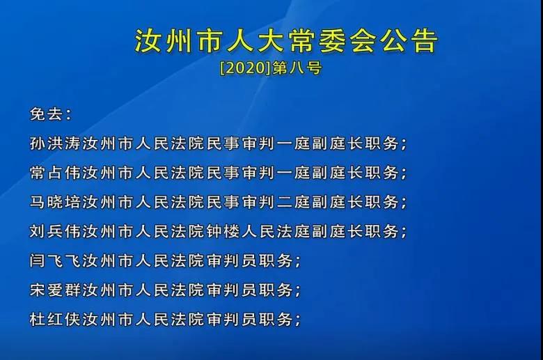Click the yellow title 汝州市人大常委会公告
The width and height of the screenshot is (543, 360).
coord(286,41)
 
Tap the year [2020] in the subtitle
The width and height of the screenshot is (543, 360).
coord(245,68)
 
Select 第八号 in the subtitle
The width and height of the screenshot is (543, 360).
coord(297,68)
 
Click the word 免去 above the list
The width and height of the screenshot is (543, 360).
coord(47,114)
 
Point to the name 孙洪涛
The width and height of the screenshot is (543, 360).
coord(56,143)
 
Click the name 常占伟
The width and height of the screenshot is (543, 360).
coord(56,172)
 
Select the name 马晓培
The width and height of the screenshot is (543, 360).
coord(56,202)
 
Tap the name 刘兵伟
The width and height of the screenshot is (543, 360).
coord(56,231)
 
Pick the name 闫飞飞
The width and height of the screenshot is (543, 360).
coord(56,260)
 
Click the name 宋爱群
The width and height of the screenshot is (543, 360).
coord(56,290)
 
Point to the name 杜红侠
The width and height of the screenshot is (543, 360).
coord(56,319)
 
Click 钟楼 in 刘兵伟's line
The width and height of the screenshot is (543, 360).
coord(223,231)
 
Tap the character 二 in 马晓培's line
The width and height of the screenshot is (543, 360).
coord(285,202)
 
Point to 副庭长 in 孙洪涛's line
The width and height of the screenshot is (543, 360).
coord(338,143)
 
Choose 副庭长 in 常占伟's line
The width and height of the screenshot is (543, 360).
coord(338,172)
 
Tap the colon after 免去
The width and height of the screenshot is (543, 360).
coord(68,115)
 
